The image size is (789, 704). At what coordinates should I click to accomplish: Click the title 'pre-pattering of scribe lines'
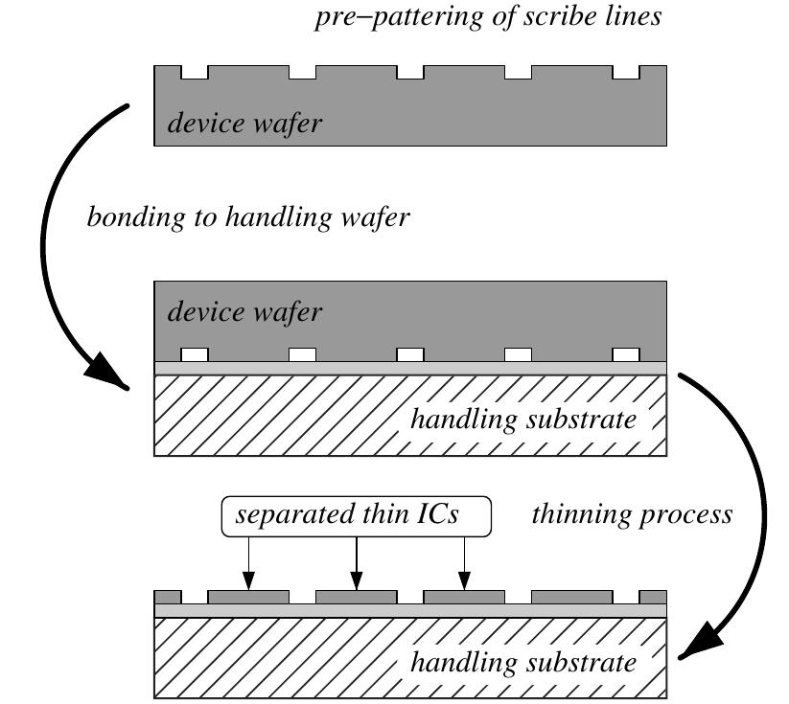[x=488, y=18]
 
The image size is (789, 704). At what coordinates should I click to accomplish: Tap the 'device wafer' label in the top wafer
[x=244, y=123]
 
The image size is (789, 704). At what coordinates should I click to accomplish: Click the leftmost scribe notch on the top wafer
[x=195, y=73]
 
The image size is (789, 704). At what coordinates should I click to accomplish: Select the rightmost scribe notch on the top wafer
[x=626, y=73]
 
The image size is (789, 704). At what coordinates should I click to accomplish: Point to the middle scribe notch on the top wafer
[x=410, y=73]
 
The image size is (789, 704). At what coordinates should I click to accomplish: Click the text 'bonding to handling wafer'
[x=247, y=217]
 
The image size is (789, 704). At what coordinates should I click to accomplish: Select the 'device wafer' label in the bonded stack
[x=244, y=311]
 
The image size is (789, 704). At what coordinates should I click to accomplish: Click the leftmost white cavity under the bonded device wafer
[x=195, y=354]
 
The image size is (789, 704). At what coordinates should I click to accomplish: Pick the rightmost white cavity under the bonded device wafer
[x=626, y=354]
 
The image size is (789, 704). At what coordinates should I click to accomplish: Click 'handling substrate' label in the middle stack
[x=523, y=420]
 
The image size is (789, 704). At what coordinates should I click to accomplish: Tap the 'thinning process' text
[x=632, y=514]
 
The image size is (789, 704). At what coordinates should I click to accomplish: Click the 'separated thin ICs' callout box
[x=356, y=516]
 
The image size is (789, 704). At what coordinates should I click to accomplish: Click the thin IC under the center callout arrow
[x=356, y=597]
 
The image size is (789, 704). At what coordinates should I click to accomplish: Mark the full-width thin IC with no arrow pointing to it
[x=571, y=597]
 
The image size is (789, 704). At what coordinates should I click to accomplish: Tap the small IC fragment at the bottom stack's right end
[x=653, y=597]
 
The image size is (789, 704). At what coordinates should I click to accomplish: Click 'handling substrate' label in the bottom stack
[x=523, y=662]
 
